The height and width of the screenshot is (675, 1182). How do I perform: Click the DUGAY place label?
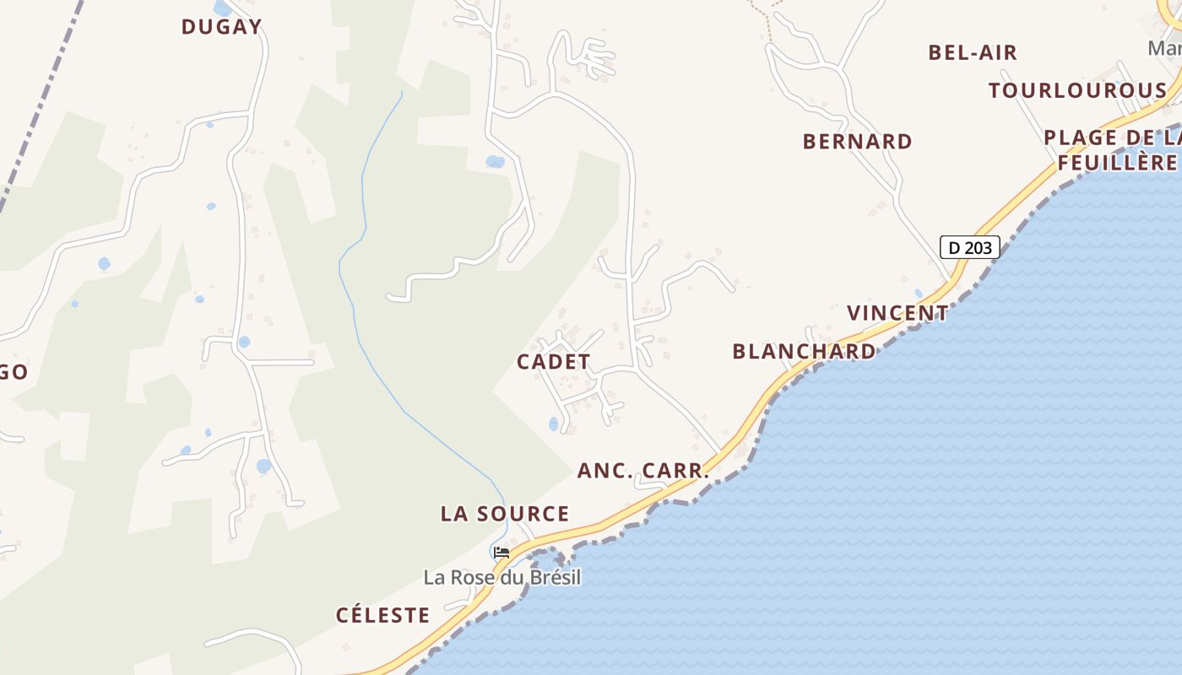[x=221, y=27]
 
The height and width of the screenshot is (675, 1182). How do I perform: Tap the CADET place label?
[x=553, y=362]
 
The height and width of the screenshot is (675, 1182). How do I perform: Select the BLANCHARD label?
[x=804, y=351]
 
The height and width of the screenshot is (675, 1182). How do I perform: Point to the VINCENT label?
[x=897, y=313]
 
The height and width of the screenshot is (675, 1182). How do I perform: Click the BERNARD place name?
[x=857, y=141]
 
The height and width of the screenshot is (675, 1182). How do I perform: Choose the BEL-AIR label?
[x=973, y=52]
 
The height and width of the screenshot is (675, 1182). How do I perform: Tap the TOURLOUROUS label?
[x=1077, y=90]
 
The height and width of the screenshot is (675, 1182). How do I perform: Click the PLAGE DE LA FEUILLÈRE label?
[x=1113, y=149]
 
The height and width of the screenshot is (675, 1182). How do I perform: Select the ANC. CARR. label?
[x=643, y=471]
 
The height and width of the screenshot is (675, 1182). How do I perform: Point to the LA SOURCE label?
[x=505, y=514]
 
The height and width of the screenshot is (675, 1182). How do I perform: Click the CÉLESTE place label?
[x=383, y=615]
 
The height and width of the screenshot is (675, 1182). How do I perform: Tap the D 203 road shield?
[x=969, y=247]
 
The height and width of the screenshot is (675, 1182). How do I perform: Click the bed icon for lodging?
[x=502, y=553]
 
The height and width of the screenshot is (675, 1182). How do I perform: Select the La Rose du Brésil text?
[x=502, y=577]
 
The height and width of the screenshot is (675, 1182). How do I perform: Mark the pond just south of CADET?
[x=554, y=424]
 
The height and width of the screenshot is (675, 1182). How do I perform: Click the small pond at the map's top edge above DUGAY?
[x=223, y=8]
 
